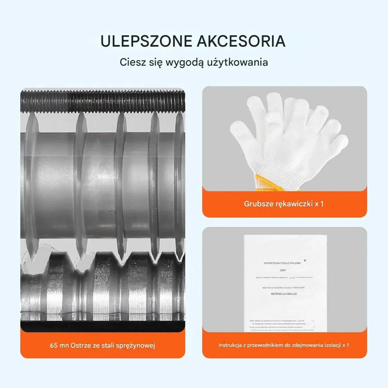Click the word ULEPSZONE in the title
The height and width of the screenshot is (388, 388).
146,41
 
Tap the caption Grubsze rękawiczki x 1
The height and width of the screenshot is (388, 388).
284,204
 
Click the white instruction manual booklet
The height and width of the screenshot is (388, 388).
285,283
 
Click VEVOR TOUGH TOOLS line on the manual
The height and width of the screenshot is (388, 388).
282,263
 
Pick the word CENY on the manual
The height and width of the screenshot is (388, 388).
283,270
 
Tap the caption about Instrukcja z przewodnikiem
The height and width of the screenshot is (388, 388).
284,345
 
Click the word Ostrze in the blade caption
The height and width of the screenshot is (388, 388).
81,345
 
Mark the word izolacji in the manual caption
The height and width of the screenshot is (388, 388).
333,345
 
